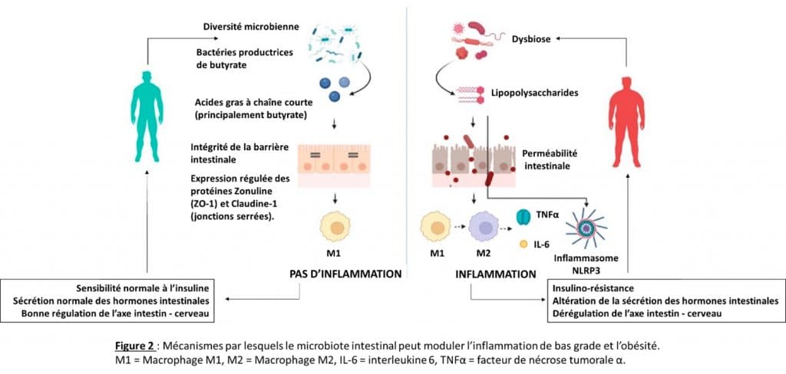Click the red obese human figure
pos(626,122)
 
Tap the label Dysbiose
pos(531,38)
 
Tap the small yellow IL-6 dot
pos(523,244)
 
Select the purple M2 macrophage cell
pos(484,227)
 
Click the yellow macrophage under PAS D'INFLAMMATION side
pos(335,227)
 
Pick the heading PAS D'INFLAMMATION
pos(346,274)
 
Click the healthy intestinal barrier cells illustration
pos(334,166)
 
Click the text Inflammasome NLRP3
pos(585,264)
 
